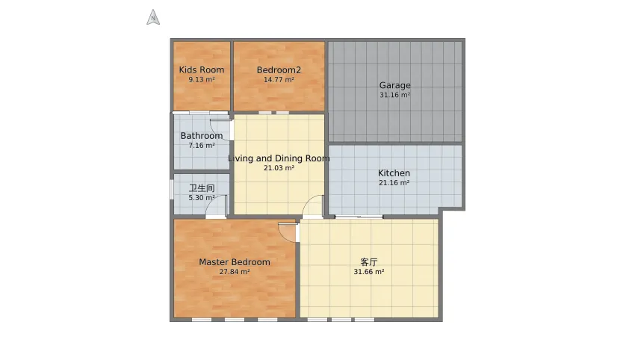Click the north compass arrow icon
pyautogui.click(x=153, y=17)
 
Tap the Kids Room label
pyautogui.click(x=202, y=69)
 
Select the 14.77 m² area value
pyautogui.click(x=279, y=80)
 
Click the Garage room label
pyautogui.click(x=395, y=85)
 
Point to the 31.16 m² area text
pyautogui.click(x=395, y=95)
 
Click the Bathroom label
pyautogui.click(x=202, y=136)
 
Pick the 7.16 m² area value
pyautogui.click(x=202, y=146)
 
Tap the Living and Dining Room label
pyautogui.click(x=279, y=158)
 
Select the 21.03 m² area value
pyautogui.click(x=279, y=167)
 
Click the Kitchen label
pyautogui.click(x=394, y=173)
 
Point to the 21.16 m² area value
pyautogui.click(x=394, y=183)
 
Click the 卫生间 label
pyautogui.click(x=202, y=188)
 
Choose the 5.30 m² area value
pyautogui.click(x=202, y=198)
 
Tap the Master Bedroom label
pyautogui.click(x=235, y=262)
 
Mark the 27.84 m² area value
pyautogui.click(x=235, y=272)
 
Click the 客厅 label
pyautogui.click(x=368, y=262)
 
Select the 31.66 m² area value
pyautogui.click(x=368, y=272)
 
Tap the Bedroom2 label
pyautogui.click(x=279, y=70)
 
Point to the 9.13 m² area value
pyautogui.click(x=202, y=80)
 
